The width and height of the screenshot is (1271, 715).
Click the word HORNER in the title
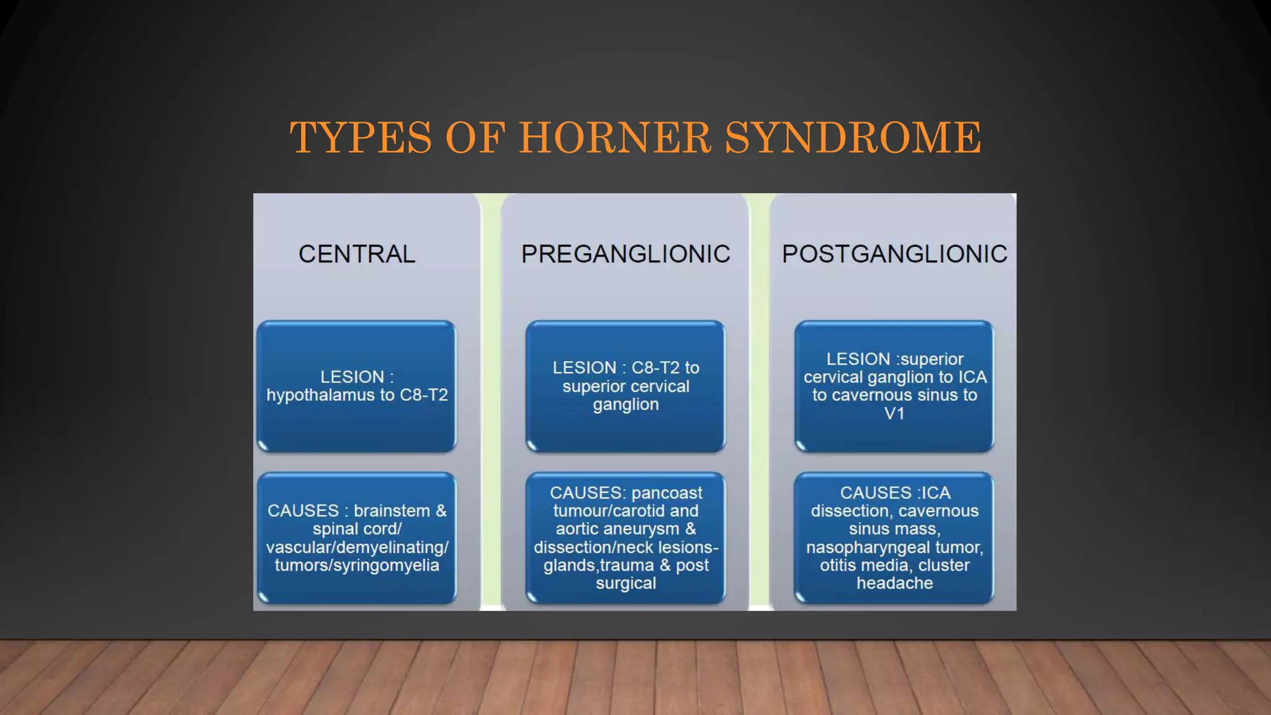tap(614, 138)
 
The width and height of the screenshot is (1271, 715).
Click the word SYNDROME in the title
tap(853, 138)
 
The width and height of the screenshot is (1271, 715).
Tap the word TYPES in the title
tap(361, 138)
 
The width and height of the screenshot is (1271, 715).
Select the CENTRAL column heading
tap(357, 254)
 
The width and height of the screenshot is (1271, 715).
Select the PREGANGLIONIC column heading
tap(626, 254)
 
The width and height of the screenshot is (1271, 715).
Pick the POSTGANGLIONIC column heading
tap(894, 254)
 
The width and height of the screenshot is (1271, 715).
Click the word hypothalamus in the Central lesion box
tap(320, 395)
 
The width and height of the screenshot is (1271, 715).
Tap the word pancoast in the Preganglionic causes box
tap(667, 493)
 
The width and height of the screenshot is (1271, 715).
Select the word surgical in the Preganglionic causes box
tap(626, 583)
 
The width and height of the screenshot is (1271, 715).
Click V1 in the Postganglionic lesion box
tap(894, 414)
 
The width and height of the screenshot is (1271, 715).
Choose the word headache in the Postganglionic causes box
tap(894, 583)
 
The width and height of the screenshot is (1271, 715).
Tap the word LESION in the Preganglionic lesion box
tap(584, 368)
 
